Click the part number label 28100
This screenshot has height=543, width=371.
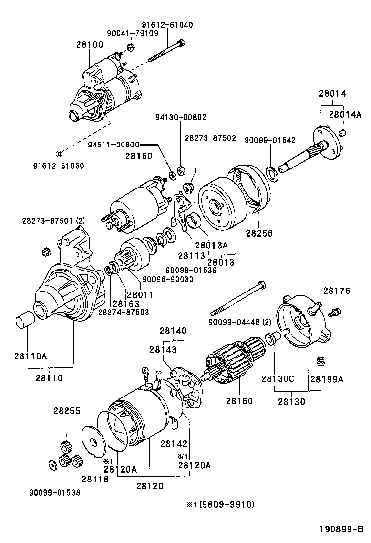pos(89,44)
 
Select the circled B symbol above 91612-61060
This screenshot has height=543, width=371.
pos(59,154)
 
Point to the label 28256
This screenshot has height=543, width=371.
pos(259,233)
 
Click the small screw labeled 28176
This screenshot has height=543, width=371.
pos(336,311)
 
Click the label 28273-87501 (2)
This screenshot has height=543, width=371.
pos(47,220)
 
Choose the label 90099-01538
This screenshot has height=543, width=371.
pos(54,493)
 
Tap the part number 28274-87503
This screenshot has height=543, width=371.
pos(124,312)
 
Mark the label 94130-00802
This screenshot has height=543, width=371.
pos(181,118)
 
